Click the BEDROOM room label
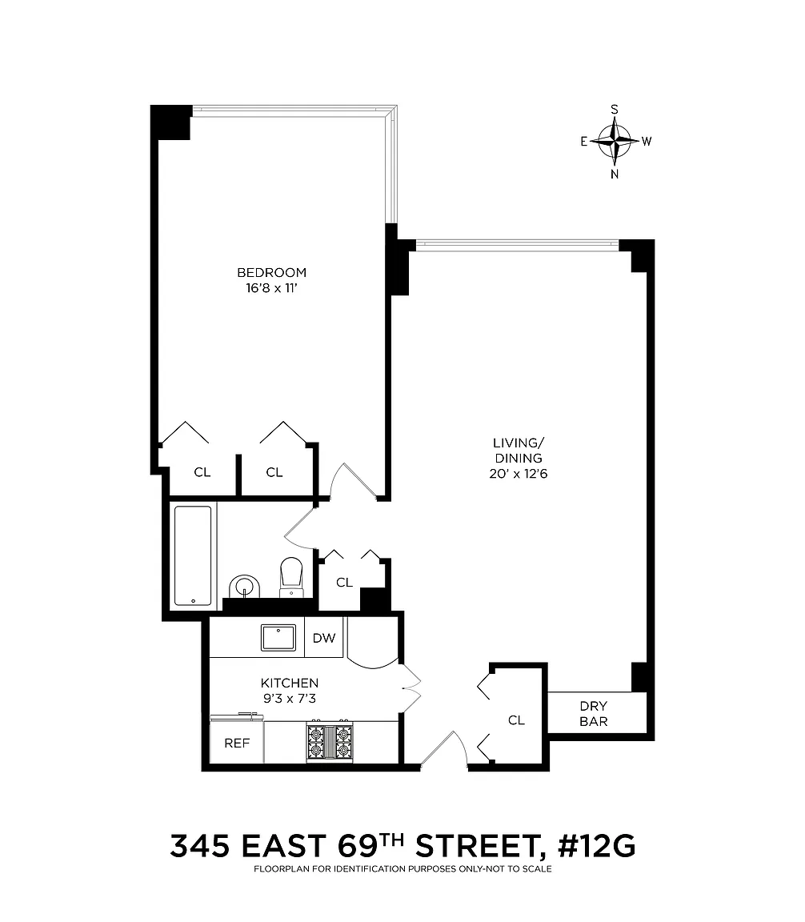[x=271, y=272]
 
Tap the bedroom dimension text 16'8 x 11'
[x=271, y=288]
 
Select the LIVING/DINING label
[x=518, y=451]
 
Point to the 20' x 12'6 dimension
[x=518, y=474]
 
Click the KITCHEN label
[x=290, y=683]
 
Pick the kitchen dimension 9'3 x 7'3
[x=290, y=699]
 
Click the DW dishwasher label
[x=324, y=638]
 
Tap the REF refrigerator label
[x=237, y=744]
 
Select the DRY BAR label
[x=593, y=714]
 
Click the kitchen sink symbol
[x=278, y=638]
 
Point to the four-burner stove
[x=330, y=741]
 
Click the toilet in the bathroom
[x=291, y=577]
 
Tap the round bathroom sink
[x=244, y=586]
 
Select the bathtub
[x=192, y=555]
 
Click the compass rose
[x=615, y=141]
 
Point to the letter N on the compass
[x=615, y=174]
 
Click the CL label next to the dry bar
[x=516, y=720]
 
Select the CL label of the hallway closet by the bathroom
[x=345, y=582]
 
